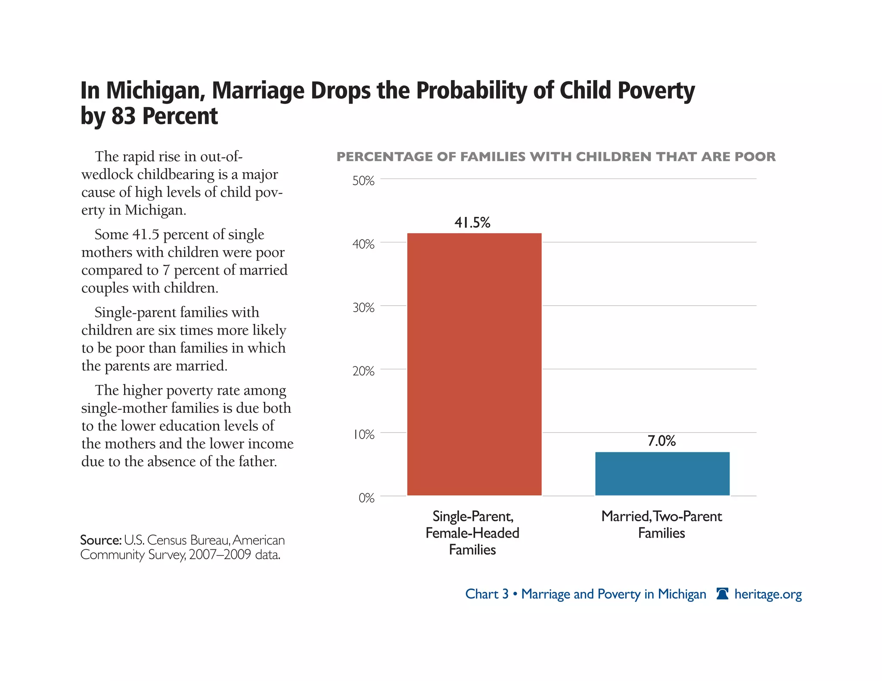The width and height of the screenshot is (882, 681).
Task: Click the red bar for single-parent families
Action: [x=474, y=364]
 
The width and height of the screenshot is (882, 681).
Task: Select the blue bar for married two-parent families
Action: [x=662, y=474]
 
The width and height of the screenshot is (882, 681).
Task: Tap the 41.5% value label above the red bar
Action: [x=472, y=223]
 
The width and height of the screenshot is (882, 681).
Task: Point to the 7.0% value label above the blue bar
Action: [x=661, y=441]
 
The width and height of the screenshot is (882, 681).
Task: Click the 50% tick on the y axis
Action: [x=363, y=181]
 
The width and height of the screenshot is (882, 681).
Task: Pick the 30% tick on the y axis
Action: [x=363, y=308]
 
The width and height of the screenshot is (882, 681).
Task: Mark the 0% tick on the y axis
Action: [x=366, y=498]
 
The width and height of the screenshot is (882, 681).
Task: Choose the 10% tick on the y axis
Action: [x=363, y=435]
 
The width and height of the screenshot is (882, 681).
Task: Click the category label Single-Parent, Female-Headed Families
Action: [x=472, y=533]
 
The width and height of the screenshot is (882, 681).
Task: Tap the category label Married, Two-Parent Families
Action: [x=661, y=524]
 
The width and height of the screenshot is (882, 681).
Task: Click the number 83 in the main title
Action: [x=123, y=116]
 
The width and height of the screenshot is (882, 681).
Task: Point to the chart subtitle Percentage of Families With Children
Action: [x=556, y=157]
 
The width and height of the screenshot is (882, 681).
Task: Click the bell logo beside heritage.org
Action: [x=722, y=594]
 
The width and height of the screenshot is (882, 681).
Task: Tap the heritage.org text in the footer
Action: [x=768, y=594]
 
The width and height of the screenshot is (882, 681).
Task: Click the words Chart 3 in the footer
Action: [x=487, y=594]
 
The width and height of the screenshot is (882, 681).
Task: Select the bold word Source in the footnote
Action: [x=100, y=540]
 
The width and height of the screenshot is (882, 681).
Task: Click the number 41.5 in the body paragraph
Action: [x=146, y=235]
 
